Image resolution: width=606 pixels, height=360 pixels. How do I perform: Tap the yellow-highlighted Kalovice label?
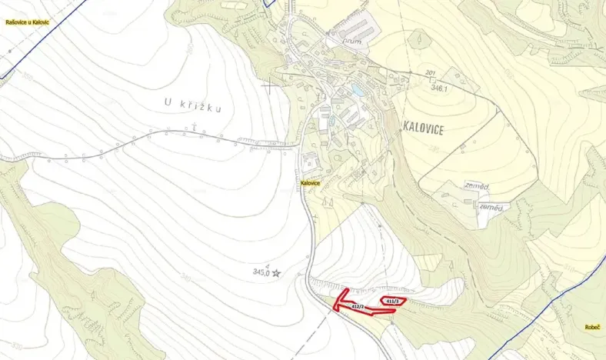(x=310, y=183)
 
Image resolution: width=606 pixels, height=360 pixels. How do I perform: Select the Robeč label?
(x=592, y=327)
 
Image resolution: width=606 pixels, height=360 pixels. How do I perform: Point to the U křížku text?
(x=192, y=106)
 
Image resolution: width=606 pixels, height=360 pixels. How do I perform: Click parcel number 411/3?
(x=392, y=300)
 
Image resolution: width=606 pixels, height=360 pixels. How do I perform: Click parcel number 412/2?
(x=356, y=307)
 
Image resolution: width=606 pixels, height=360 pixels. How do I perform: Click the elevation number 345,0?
(x=261, y=272)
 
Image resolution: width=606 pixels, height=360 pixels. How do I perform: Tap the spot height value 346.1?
(x=439, y=89)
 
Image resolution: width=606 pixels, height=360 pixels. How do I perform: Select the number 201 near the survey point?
(x=430, y=72)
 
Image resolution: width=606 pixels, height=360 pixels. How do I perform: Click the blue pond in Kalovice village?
(x=358, y=91)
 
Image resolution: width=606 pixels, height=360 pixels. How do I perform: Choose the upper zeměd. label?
(x=478, y=186)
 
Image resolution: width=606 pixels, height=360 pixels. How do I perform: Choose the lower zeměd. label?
(x=491, y=208)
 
